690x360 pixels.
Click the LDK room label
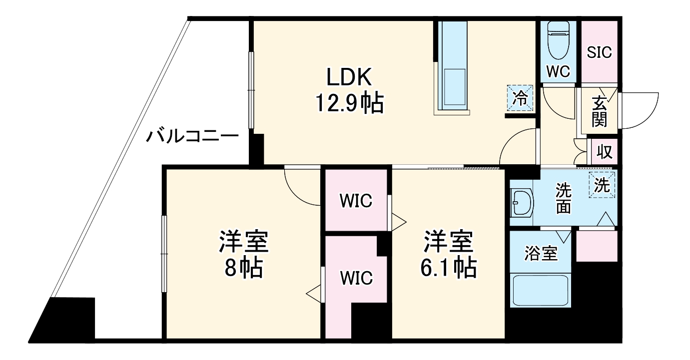[x=349, y=78]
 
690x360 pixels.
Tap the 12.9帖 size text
[x=349, y=103]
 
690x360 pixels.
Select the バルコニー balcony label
[x=192, y=136]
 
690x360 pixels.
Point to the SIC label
[x=599, y=52]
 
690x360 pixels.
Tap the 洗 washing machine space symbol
[x=602, y=186]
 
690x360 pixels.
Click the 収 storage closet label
[x=605, y=152]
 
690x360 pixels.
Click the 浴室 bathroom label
[x=540, y=254]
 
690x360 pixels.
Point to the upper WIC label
[x=356, y=201]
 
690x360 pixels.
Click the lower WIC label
[x=356, y=278]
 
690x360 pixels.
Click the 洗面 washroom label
[x=564, y=198]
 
